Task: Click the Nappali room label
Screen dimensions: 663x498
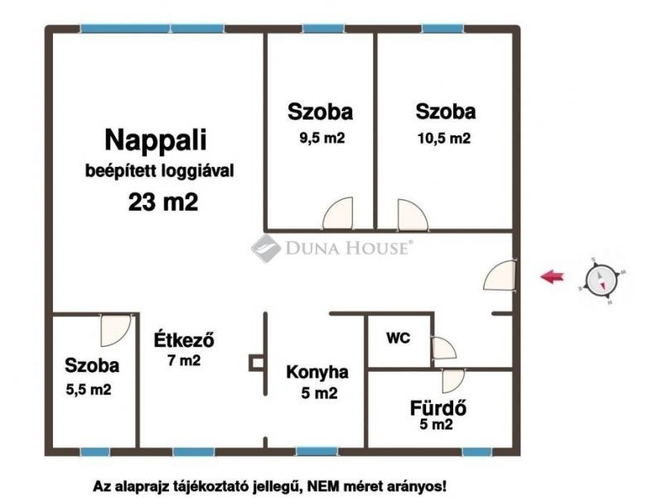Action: [x=156, y=140]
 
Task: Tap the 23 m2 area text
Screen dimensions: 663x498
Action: [x=163, y=202]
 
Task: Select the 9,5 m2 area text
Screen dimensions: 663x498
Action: [x=322, y=138]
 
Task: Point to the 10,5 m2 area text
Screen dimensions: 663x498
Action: [x=444, y=139]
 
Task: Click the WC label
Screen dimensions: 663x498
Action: [x=399, y=338]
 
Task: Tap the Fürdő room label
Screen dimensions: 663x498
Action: [x=438, y=408]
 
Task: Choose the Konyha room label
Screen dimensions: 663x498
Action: [x=317, y=372]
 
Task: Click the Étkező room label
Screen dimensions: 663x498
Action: [x=184, y=339]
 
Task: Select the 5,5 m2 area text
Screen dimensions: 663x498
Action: [x=89, y=389]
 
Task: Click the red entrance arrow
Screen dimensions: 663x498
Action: [x=552, y=277]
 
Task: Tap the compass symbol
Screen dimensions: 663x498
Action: [x=602, y=281]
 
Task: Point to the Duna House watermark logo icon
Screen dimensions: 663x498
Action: [x=265, y=248]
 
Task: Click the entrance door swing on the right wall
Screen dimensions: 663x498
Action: [x=500, y=276]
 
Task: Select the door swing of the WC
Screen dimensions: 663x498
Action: [x=443, y=348]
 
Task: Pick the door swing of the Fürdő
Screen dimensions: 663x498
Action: [x=453, y=380]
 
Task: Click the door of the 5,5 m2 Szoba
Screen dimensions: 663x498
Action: [x=115, y=330]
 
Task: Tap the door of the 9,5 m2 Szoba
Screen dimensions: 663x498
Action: [x=338, y=213]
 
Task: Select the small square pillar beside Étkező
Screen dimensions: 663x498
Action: [x=257, y=363]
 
